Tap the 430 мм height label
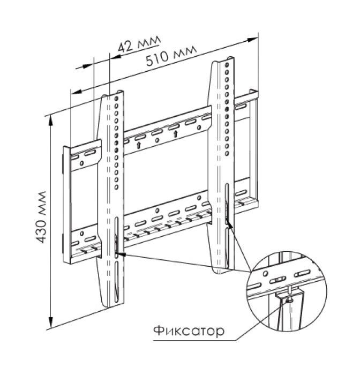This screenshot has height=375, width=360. [x=41, y=220]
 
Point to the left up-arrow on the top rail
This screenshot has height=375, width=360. [x=139, y=145]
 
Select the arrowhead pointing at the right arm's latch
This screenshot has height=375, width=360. [x=231, y=224]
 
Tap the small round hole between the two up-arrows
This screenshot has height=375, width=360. [x=157, y=140]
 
